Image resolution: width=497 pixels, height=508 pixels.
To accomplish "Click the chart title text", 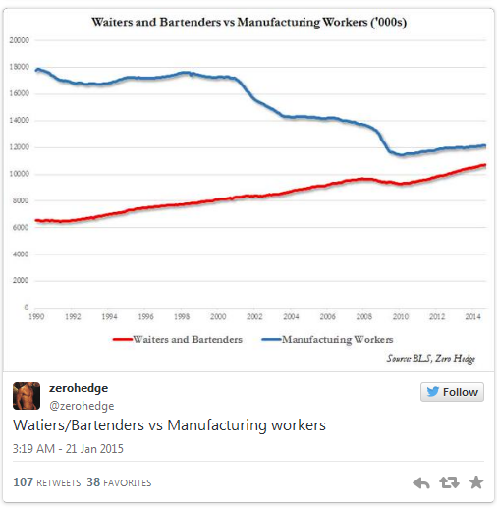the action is [249, 23].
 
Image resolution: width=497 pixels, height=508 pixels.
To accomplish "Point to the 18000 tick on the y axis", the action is [19, 67].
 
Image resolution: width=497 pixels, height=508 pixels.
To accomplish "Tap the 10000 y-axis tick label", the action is [19, 174].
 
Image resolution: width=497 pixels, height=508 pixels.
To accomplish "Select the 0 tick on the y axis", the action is [27, 308].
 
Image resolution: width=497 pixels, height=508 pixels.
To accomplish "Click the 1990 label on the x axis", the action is [36, 316].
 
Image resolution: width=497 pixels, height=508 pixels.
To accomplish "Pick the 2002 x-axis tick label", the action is [254, 316].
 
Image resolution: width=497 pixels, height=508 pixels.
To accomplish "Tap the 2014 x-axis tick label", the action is [472, 316].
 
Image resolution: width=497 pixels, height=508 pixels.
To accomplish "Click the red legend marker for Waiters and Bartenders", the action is [123, 340].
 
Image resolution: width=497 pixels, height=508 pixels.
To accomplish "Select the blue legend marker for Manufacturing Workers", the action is [271, 340].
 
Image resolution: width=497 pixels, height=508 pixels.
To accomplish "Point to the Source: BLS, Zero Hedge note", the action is [431, 359].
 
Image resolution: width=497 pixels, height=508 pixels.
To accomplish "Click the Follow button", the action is [452, 392].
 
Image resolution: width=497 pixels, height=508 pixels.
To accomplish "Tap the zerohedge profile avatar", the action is [27, 396].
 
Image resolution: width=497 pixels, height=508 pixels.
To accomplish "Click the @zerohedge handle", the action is [82, 406].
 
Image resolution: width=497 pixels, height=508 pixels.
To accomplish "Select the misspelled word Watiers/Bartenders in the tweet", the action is [79, 425].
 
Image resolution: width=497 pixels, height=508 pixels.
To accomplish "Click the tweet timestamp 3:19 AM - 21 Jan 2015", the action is [68, 449].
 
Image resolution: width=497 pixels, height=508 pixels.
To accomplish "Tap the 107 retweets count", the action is [47, 482].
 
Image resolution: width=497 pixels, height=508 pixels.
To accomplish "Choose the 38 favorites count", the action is [119, 482].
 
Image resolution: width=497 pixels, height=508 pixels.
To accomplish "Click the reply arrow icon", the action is [421, 482].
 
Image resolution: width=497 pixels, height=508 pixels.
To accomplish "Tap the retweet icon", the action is [449, 482].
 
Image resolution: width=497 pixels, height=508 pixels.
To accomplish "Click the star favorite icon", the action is [476, 482].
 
